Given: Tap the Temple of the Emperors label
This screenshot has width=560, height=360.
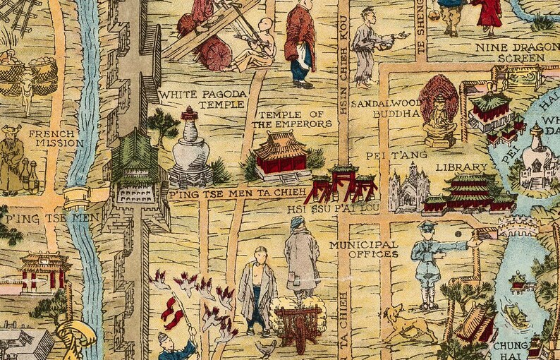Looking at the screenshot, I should click(x=291, y=119).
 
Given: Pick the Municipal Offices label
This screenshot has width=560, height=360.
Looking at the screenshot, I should click(x=363, y=249).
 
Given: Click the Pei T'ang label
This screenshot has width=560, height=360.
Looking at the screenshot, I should click(x=385, y=155).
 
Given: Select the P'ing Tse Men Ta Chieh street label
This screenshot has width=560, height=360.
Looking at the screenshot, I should click(x=237, y=192).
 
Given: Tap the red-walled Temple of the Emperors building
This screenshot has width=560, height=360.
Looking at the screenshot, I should click(x=280, y=158).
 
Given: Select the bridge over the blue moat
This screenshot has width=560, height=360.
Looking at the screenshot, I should click(x=78, y=196).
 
